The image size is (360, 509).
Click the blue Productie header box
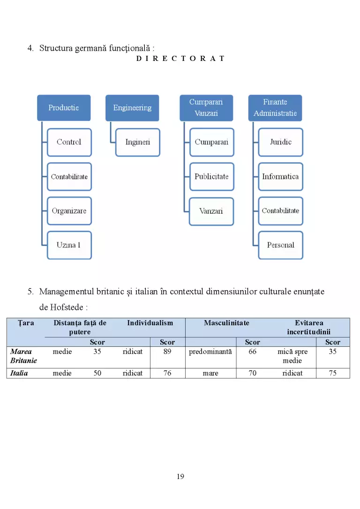pyautogui.click(x=64, y=108)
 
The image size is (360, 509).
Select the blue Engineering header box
pyautogui.click(x=132, y=108)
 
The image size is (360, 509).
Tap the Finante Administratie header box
pyautogui.click(x=275, y=108)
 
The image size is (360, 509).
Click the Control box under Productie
pyautogui.click(x=69, y=142)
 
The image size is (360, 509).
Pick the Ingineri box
pyautogui.click(x=137, y=142)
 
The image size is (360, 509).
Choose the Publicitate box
pyautogui.click(x=211, y=177)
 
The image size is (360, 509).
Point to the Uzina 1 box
pyautogui.click(x=69, y=245)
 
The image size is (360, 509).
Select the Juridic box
pyautogui.click(x=280, y=142)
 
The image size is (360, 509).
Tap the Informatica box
pyautogui.click(x=280, y=177)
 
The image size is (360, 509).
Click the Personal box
pyautogui.click(x=280, y=245)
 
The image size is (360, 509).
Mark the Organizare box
pyautogui.click(x=69, y=211)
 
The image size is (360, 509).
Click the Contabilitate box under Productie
pyautogui.click(x=69, y=177)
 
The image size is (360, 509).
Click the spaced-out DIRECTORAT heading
pyautogui.click(x=180, y=59)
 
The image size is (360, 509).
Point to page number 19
pyautogui.click(x=180, y=477)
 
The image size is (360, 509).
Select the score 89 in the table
pyautogui.click(x=167, y=352)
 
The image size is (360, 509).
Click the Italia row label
pyautogui.click(x=19, y=373)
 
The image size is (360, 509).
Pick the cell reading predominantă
pyautogui.click(x=210, y=352)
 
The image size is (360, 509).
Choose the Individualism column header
pyautogui.click(x=150, y=323)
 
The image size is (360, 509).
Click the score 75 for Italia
pyautogui.click(x=333, y=373)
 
